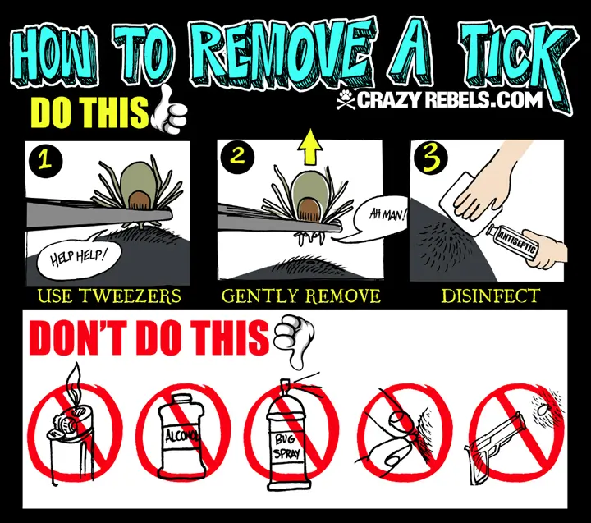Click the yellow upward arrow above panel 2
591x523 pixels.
tap(309, 147)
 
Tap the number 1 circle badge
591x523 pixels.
tap(45, 160)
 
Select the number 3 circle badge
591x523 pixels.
tap(430, 158)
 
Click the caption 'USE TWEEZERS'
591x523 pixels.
tap(109, 296)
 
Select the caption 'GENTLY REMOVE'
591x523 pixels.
tap(300, 296)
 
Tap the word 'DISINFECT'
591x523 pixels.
tap(490, 296)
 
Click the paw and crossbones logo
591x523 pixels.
tap(346, 99)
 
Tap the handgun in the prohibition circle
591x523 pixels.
tap(493, 445)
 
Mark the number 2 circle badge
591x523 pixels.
tap(237, 157)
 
